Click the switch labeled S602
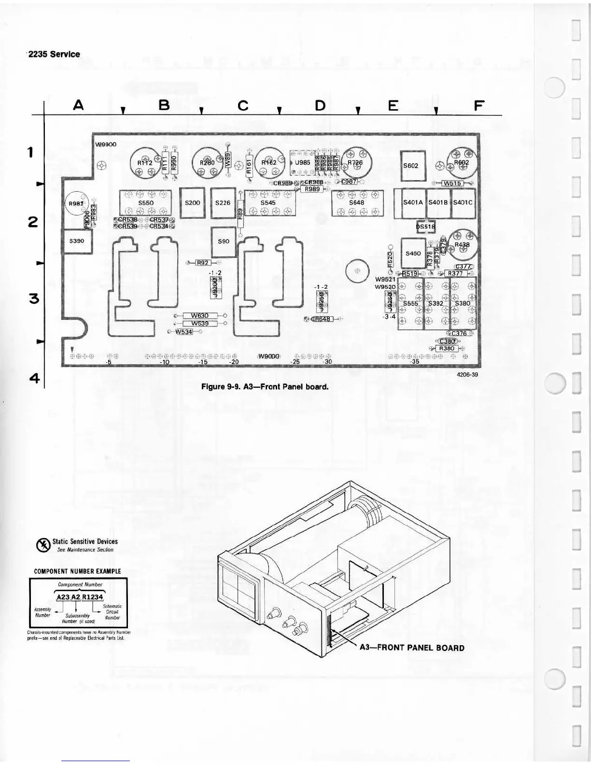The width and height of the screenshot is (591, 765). click(413, 166)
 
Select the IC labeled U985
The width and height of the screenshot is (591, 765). click(302, 163)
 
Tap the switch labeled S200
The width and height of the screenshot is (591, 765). click(192, 203)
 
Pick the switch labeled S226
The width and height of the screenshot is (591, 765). click(223, 203)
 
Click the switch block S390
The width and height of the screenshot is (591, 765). click(76, 241)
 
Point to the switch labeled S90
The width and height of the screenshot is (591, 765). click(224, 241)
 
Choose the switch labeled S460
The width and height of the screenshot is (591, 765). click(413, 253)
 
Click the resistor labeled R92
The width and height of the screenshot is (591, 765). click(203, 263)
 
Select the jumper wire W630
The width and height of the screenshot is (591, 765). click(200, 316)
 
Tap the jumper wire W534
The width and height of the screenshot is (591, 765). click(183, 331)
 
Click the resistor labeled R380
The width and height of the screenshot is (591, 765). click(446, 348)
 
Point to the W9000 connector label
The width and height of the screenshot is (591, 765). click(268, 356)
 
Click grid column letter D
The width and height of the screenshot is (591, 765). click(320, 105)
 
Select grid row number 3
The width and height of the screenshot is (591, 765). click(34, 298)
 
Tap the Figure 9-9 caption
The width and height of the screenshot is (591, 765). click(265, 386)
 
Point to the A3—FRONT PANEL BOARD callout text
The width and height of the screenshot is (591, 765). click(412, 648)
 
